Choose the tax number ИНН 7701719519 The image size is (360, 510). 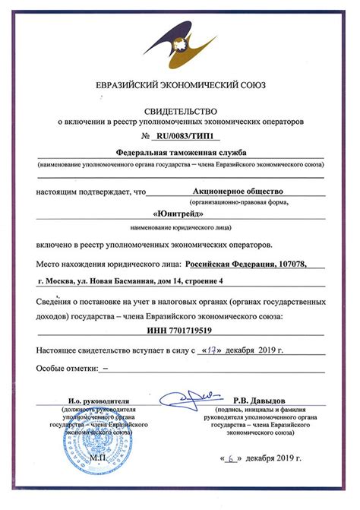(180, 330)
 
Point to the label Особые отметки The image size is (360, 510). (67, 369)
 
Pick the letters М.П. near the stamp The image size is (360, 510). (98, 459)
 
